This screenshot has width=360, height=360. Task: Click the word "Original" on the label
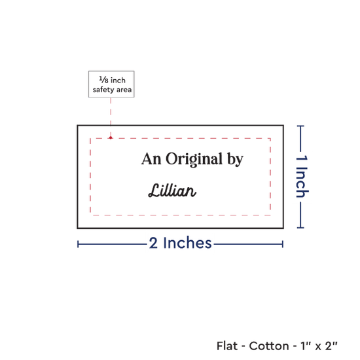tap(194, 159)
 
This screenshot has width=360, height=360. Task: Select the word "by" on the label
tap(236, 159)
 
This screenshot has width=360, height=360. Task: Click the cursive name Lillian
tap(172, 190)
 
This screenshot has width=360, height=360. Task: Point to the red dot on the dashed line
tap(111, 137)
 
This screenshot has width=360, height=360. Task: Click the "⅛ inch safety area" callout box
tap(111, 84)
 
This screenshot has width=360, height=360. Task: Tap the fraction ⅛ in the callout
tap(103, 80)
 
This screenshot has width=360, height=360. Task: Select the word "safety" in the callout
tap(103, 90)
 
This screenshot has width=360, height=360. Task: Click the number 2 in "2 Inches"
tap(153, 243)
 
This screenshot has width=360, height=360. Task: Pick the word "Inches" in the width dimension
tap(187, 243)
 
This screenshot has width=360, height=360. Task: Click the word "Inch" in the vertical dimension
tap(302, 182)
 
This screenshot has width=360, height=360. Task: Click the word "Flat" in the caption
tap(227, 346)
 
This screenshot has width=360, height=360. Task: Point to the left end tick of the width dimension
tap(78, 244)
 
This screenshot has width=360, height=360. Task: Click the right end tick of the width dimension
tap(283, 244)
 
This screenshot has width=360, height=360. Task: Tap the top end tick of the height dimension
tap(300, 126)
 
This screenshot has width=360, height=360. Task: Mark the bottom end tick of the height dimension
tap(300, 228)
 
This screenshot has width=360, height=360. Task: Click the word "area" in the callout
tap(124, 90)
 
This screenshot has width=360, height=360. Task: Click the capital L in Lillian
tap(154, 190)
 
